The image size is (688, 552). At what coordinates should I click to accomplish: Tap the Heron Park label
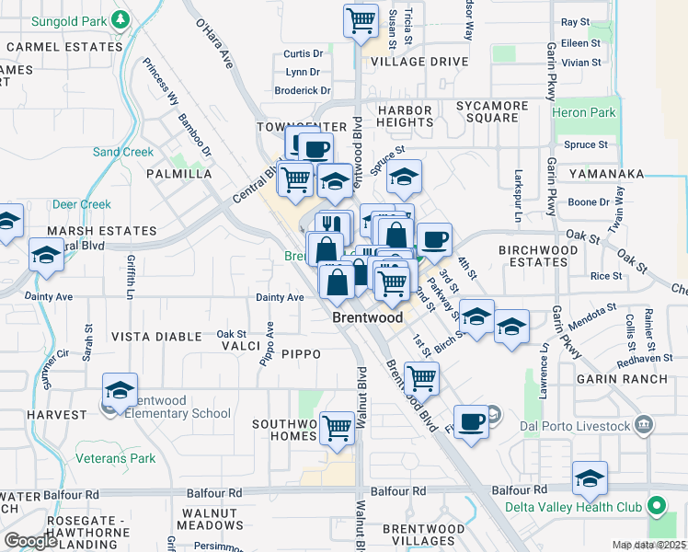584,112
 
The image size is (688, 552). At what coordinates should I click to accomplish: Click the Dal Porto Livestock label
581,426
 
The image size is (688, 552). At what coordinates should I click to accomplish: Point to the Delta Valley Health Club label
578,506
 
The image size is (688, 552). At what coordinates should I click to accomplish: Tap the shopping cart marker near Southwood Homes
338,426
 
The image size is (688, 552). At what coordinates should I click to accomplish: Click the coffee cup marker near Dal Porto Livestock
471,421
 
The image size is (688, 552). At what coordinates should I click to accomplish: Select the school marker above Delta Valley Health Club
590,477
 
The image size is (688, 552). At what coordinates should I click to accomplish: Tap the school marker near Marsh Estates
46,253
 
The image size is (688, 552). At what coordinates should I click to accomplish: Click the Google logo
30,541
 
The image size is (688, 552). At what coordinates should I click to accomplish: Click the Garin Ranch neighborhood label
614,378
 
